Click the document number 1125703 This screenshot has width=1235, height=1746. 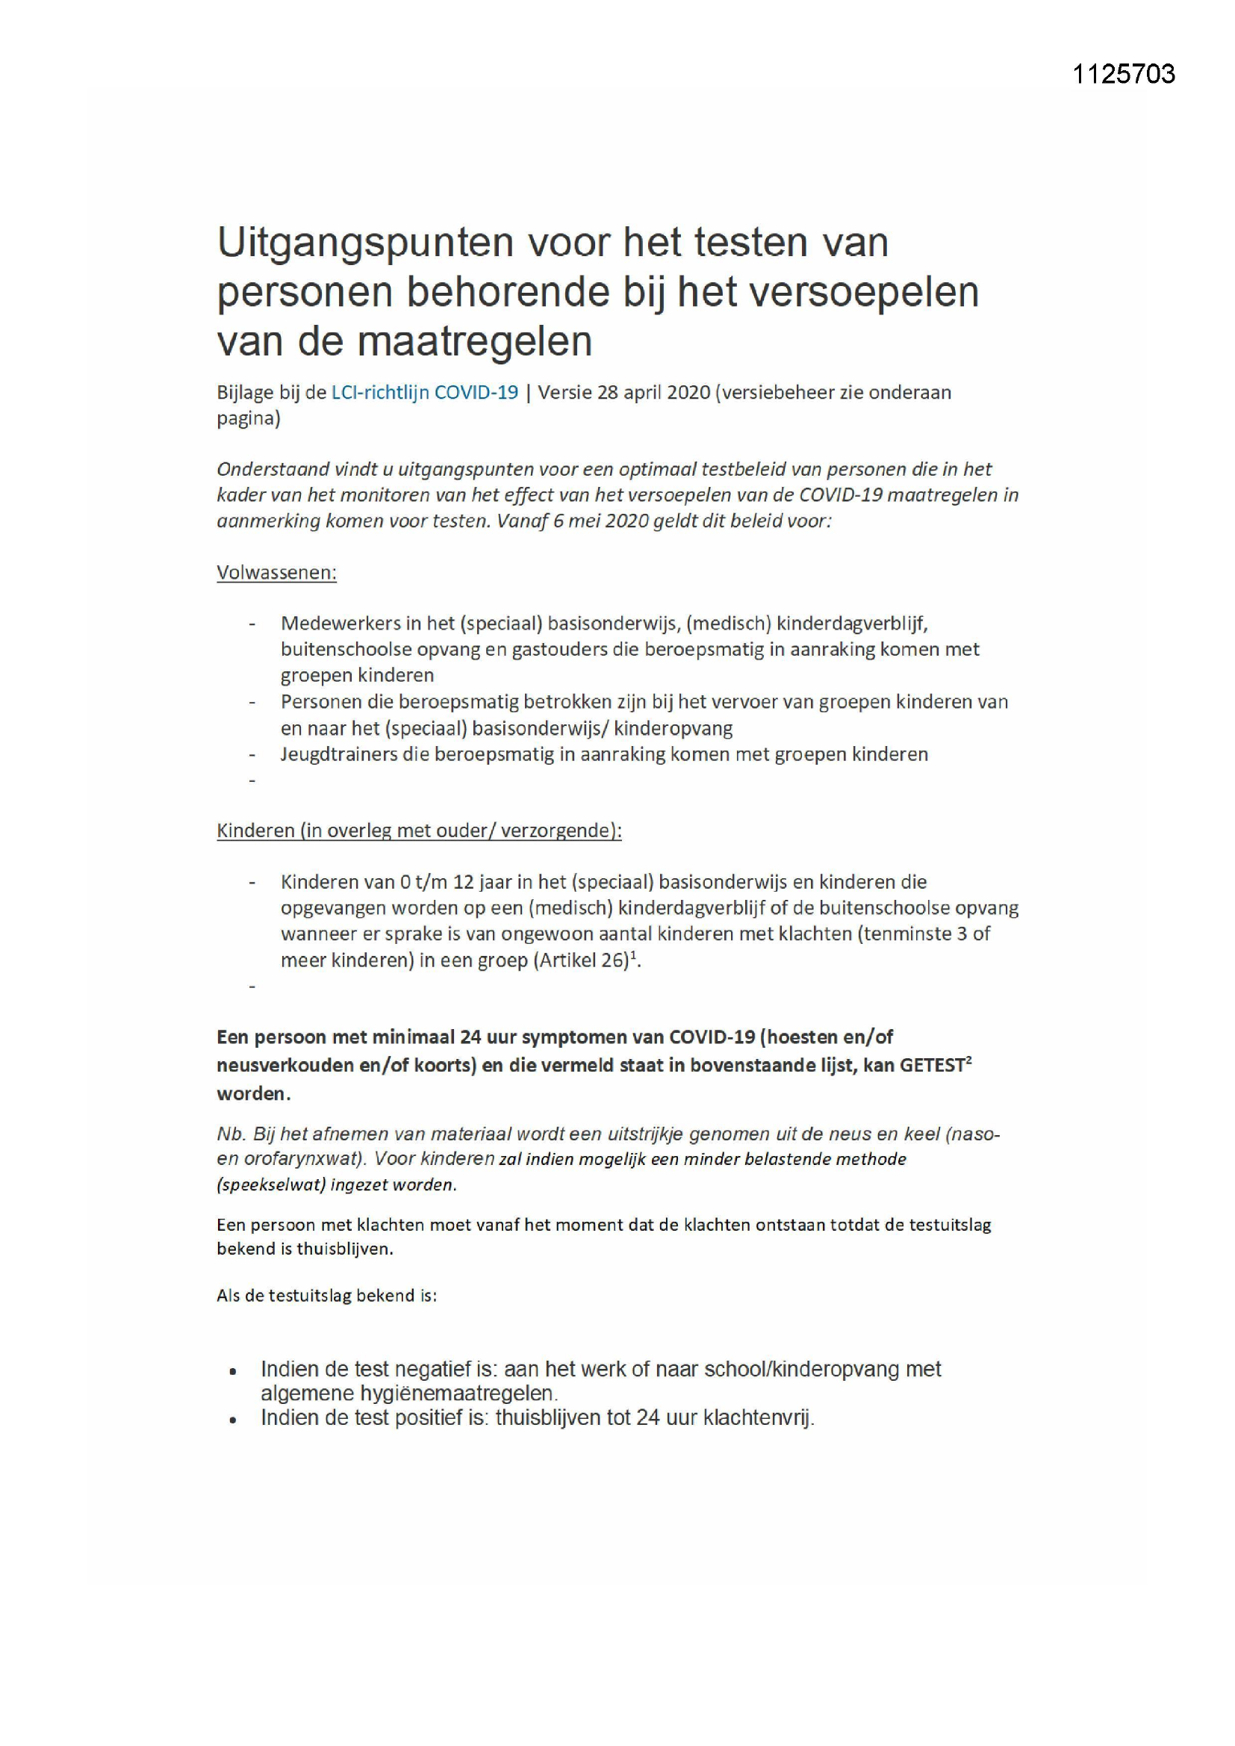tap(1123, 74)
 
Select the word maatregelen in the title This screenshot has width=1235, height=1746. tap(475, 341)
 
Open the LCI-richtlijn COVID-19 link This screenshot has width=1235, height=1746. tap(424, 392)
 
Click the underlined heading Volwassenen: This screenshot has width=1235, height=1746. tap(277, 573)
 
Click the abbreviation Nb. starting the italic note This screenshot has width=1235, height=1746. tap(231, 1134)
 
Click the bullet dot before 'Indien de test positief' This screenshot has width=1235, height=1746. tap(234, 1420)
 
